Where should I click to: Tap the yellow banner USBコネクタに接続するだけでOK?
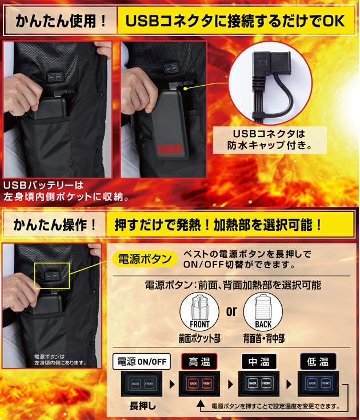(235, 22)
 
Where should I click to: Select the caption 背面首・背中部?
(264, 338)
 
